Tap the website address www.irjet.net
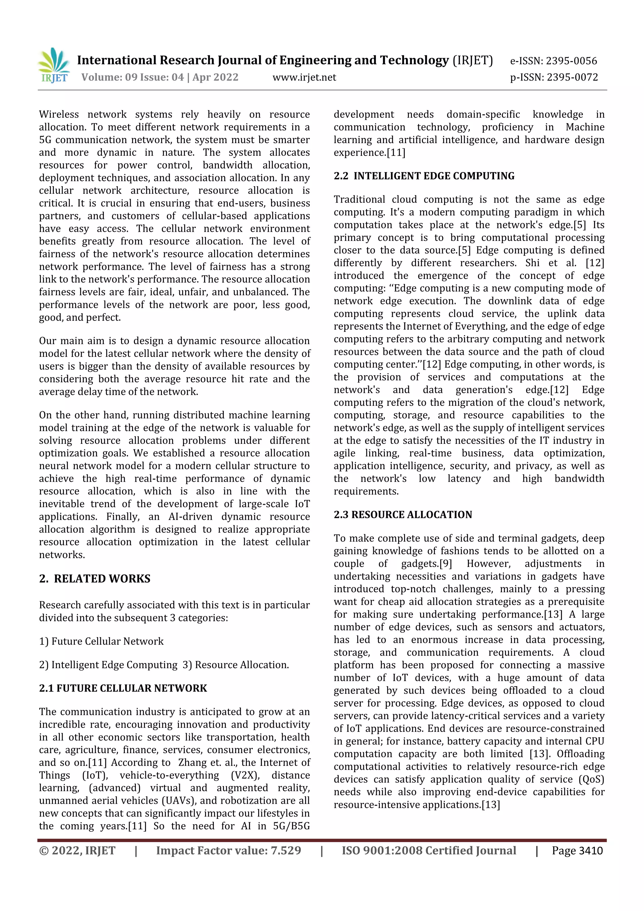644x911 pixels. (304, 77)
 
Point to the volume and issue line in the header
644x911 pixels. (160, 77)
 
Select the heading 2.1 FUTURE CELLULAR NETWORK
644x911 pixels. (123, 688)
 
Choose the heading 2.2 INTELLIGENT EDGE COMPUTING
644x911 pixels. (424, 176)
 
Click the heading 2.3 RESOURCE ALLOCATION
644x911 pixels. (403, 515)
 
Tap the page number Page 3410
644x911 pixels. (577, 851)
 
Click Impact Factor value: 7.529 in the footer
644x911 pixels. (229, 851)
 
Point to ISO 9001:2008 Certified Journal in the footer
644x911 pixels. (429, 851)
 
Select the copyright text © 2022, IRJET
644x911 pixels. (77, 851)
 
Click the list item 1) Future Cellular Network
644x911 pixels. (101, 642)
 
